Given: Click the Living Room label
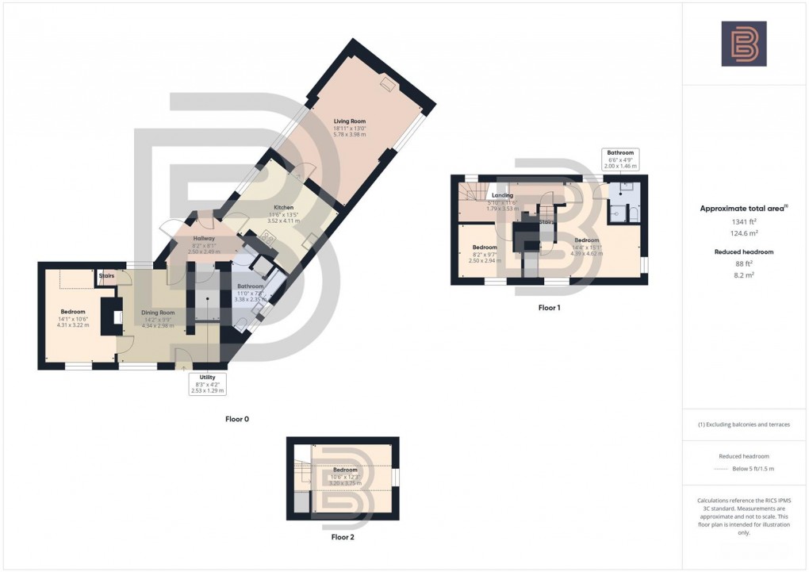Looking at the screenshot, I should tap(349, 121).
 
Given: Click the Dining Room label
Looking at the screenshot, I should tap(158, 313).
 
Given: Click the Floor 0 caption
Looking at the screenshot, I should tap(238, 419).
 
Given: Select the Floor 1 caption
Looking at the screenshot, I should tap(548, 307).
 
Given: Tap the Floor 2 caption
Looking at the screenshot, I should tap(343, 537).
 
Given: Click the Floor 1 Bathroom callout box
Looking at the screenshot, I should tap(620, 159).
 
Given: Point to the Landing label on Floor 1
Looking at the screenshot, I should tap(502, 195).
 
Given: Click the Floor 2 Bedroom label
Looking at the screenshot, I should tap(345, 470).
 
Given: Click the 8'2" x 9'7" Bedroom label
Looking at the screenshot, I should tap(485, 248).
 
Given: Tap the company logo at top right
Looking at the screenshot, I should tap(743, 44).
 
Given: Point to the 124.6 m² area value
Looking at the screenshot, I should tap(743, 234).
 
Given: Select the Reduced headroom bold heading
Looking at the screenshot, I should tap(743, 251).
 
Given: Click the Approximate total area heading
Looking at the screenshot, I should tap(743, 209).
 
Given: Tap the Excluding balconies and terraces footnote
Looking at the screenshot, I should tap(743, 424).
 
